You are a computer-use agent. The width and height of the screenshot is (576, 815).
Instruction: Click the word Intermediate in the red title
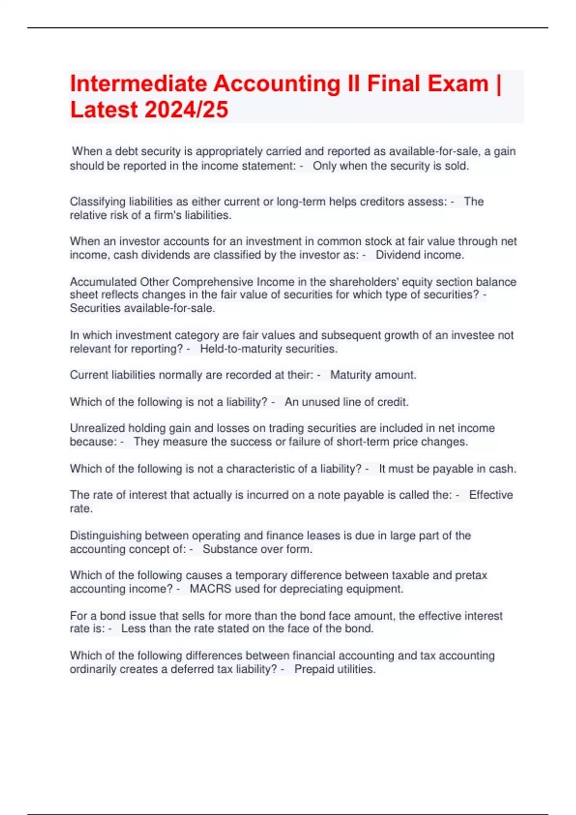tap(138, 84)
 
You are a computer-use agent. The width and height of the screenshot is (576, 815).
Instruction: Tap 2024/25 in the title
tap(186, 110)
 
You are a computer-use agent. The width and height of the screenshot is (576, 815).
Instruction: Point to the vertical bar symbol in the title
tap(498, 84)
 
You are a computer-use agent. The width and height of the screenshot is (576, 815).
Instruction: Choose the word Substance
tap(226, 549)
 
